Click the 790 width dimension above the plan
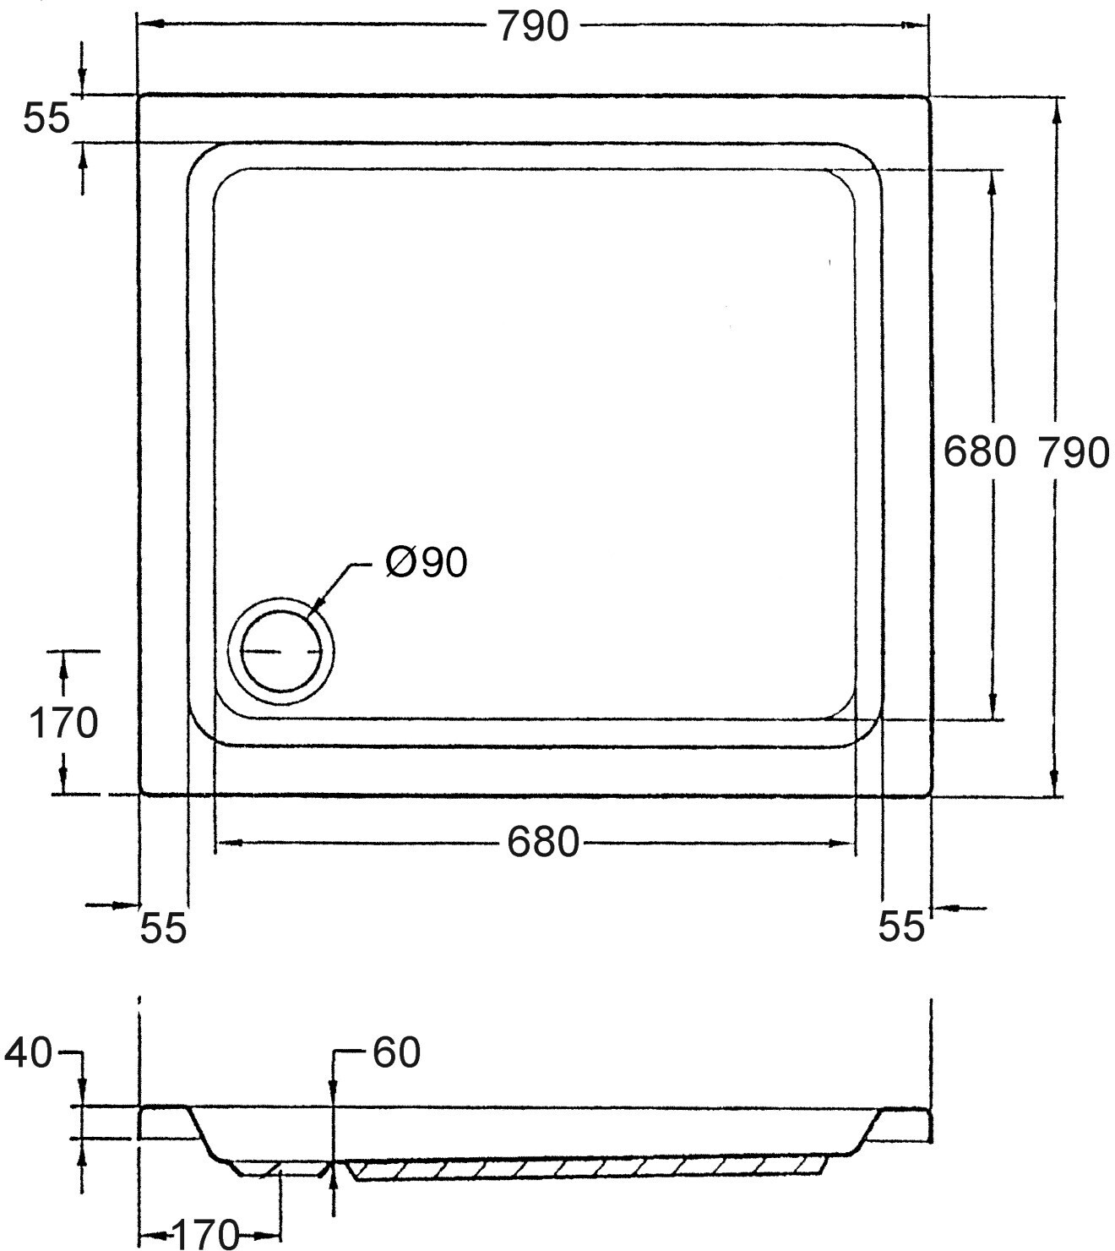click(533, 27)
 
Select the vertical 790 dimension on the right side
click(1074, 452)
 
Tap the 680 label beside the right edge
click(979, 451)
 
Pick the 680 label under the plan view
click(544, 842)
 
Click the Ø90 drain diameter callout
click(427, 562)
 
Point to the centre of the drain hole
click(281, 651)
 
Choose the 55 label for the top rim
click(47, 118)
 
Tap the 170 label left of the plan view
click(63, 724)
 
